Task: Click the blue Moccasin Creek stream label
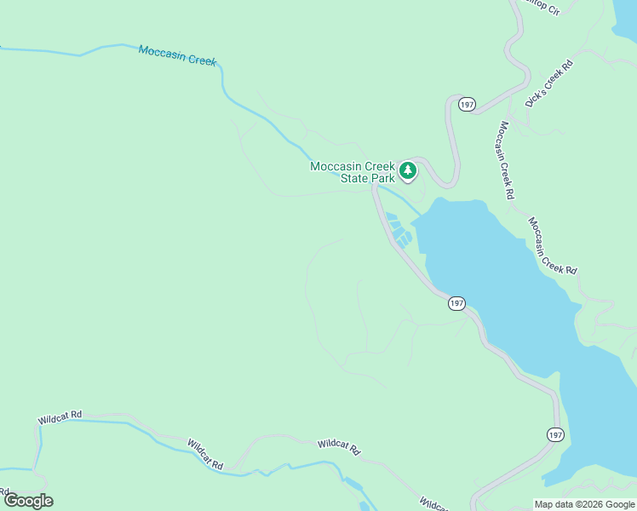point(177,55)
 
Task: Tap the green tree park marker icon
point(408,171)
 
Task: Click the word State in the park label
point(357,179)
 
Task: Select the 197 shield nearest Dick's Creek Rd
point(466,104)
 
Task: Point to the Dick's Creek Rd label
point(549,83)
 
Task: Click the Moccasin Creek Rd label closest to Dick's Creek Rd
point(507,160)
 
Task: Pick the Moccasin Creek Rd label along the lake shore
point(552,245)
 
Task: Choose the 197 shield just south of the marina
point(456,303)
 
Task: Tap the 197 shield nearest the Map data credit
point(554,434)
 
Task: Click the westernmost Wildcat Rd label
point(59,418)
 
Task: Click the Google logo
point(28,501)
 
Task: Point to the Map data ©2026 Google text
point(584,504)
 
